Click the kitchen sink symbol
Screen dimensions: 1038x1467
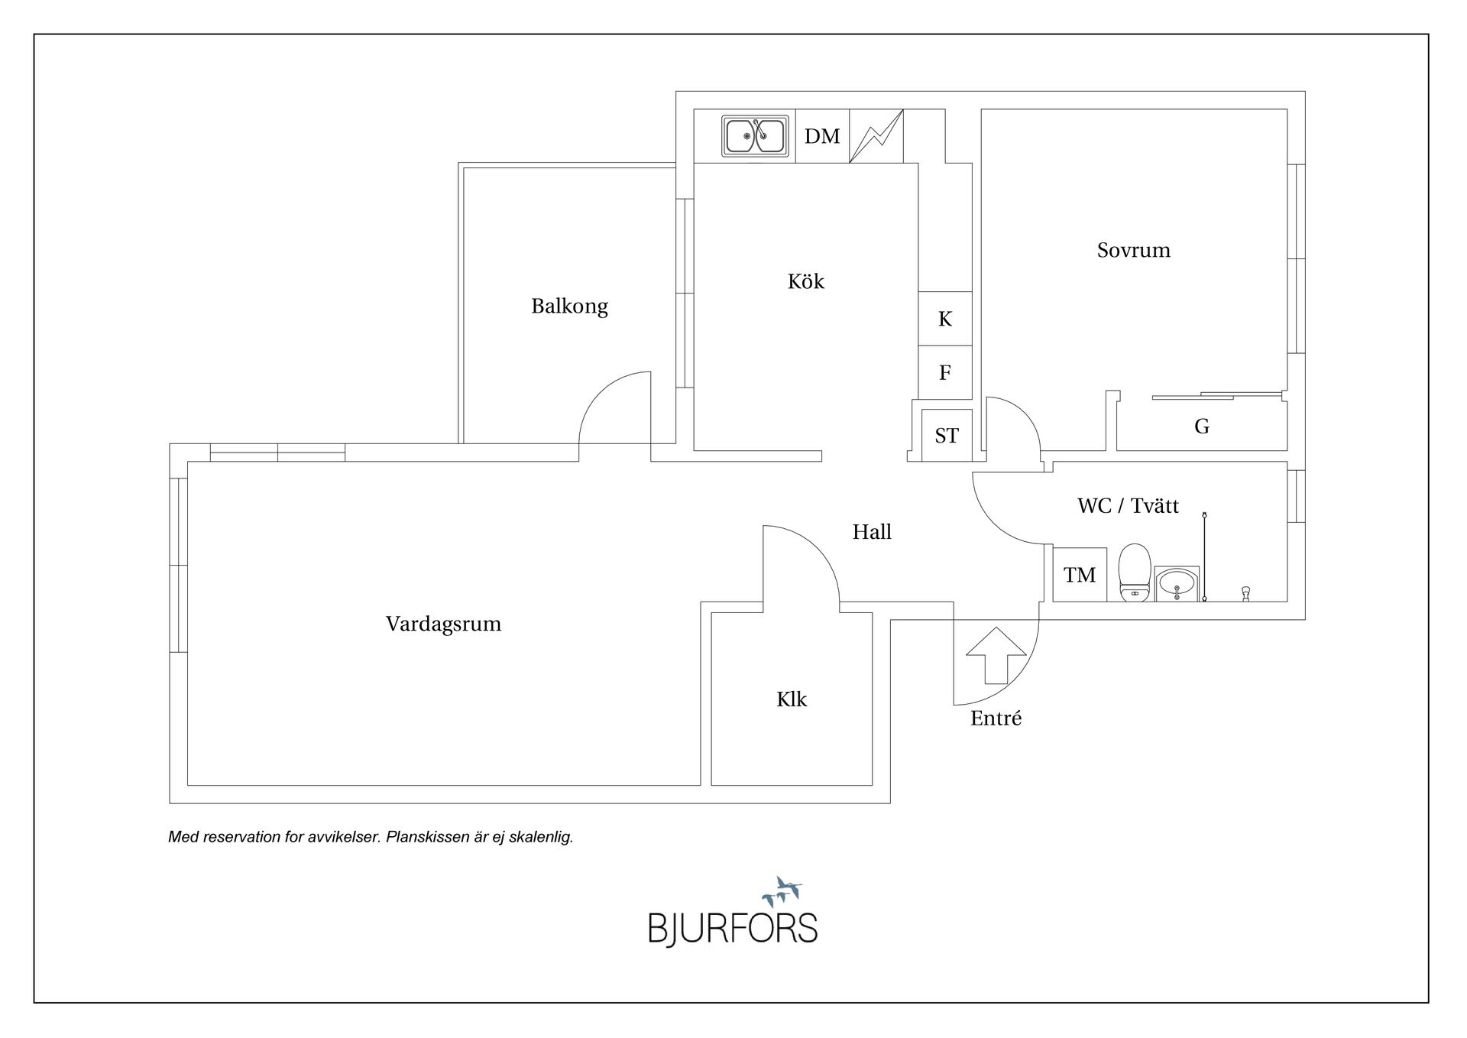pos(754,136)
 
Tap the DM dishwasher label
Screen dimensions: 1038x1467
pos(822,136)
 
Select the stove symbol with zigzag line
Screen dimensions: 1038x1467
pos(876,136)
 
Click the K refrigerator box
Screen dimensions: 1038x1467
pos(945,319)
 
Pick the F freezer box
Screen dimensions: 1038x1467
pos(945,372)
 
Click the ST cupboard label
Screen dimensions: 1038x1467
pos(947,436)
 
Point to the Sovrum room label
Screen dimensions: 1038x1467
pos(1133,250)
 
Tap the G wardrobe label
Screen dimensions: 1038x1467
pos(1201,427)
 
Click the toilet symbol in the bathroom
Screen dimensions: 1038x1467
pos(1134,573)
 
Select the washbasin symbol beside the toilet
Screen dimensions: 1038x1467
pos(1177,585)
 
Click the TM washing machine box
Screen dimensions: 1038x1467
pos(1080,575)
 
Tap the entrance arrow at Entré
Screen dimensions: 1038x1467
pos(996,655)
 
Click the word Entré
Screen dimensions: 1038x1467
pos(996,718)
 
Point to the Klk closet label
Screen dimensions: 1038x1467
pos(792,699)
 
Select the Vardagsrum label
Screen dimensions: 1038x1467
pos(443,624)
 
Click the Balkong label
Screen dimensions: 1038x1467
pos(569,307)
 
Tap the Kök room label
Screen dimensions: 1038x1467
pos(805,281)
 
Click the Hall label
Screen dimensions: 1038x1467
pos(872,532)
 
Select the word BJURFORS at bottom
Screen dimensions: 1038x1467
pos(733,929)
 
